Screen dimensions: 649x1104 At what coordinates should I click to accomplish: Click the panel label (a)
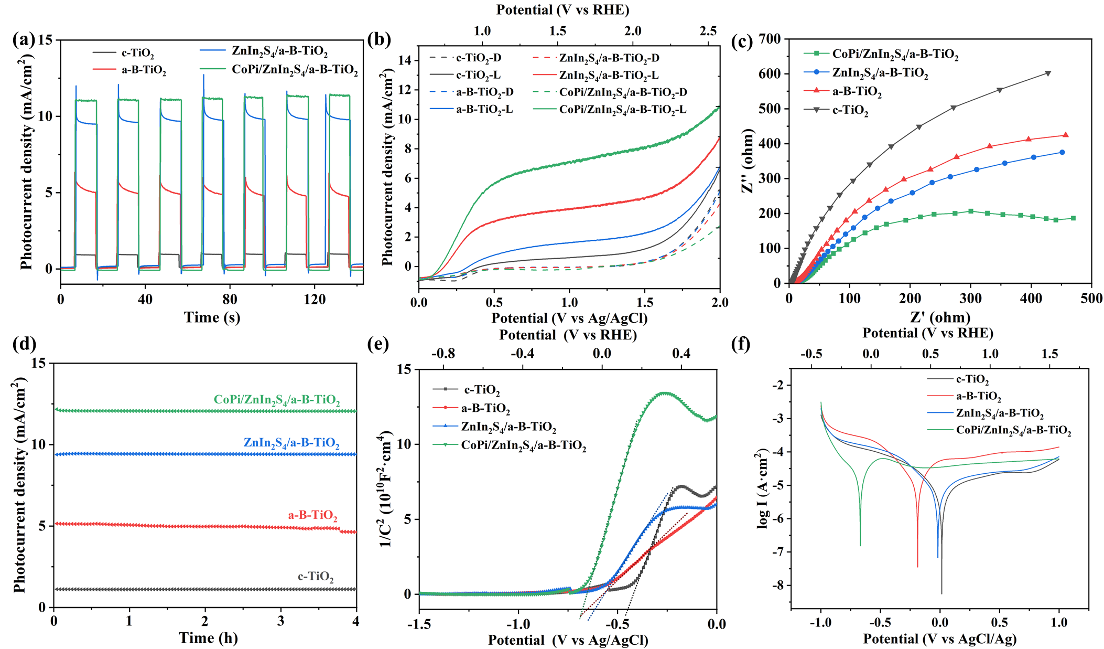tap(25, 40)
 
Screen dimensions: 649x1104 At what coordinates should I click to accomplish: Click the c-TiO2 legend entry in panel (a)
tap(137, 53)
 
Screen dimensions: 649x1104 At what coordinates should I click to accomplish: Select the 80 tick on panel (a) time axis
tap(230, 300)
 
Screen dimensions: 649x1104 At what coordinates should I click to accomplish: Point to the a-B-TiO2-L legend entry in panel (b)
tap(484, 110)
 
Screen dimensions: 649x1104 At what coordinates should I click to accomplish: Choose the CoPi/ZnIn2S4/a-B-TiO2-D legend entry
tap(623, 92)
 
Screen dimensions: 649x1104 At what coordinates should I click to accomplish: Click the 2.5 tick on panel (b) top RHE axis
tap(708, 31)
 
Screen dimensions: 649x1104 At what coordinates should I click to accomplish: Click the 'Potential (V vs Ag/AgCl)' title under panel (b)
tap(569, 318)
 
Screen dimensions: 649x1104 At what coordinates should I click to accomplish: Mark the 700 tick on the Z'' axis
tap(769, 39)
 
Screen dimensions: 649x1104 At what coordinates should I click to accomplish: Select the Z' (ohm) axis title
tap(940, 317)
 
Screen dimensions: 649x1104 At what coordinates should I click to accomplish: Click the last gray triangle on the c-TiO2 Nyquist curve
tap(1048, 73)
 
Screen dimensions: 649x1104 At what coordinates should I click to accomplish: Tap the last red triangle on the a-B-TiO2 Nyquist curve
tap(1065, 135)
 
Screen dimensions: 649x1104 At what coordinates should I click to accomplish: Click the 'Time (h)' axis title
tap(208, 638)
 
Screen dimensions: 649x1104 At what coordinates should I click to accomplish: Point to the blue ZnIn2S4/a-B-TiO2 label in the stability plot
tap(291, 443)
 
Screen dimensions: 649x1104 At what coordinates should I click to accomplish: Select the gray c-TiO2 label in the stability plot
tap(316, 577)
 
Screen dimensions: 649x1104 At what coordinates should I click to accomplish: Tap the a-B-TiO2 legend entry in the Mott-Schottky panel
tap(485, 408)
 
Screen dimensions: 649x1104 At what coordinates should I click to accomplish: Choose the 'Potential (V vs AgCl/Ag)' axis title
tap(940, 639)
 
